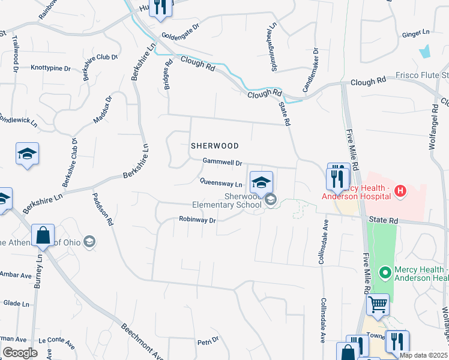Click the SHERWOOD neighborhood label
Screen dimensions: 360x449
215,146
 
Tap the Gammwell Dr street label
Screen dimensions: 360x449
222,162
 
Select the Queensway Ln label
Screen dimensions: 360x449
221,184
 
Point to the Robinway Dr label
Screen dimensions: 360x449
197,220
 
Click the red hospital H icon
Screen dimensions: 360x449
401,192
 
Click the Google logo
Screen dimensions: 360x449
20,353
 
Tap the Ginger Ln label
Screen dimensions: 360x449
417,32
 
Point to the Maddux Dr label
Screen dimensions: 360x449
102,110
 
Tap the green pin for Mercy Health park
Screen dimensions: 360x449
385,273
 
